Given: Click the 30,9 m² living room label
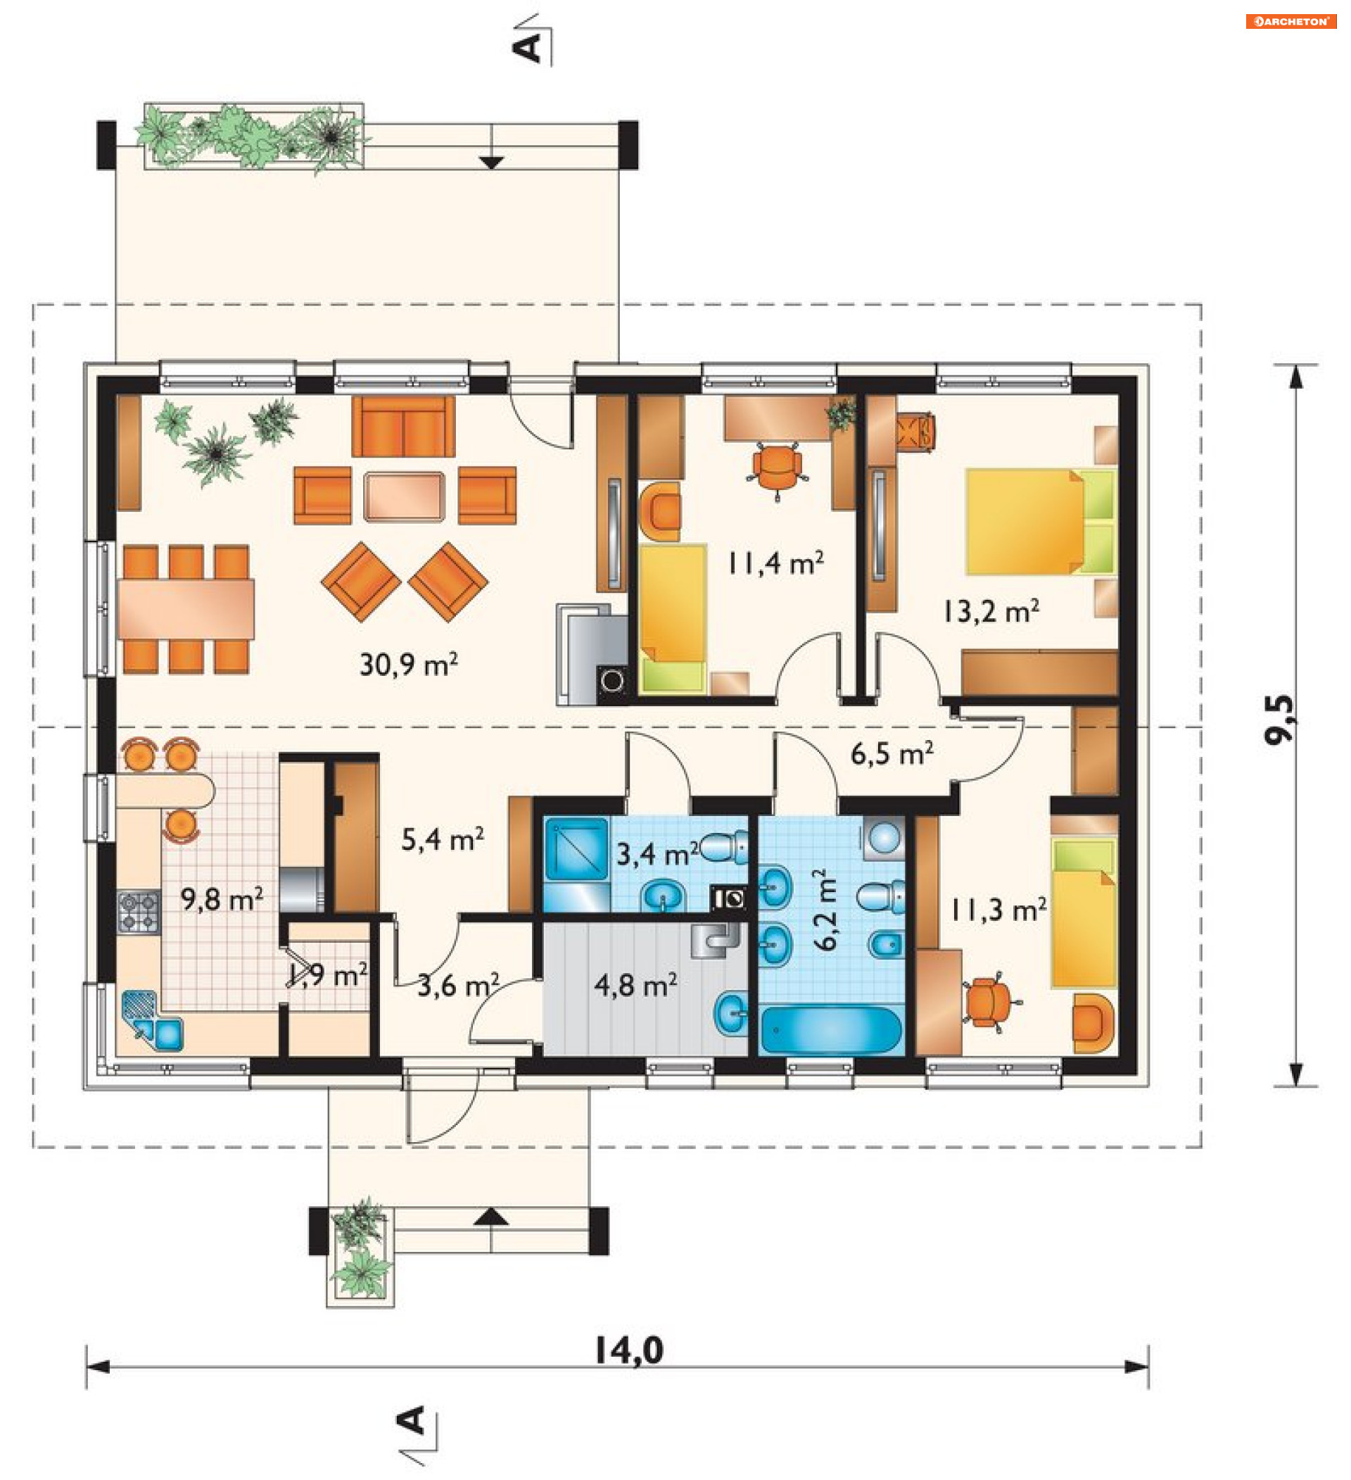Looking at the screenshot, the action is coord(409,665).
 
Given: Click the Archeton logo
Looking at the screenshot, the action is coord(1290,21).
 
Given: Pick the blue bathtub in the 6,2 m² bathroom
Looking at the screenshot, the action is coord(831,1030).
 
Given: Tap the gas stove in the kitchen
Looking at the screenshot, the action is coord(139,912).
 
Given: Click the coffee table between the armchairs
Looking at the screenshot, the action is coord(405,497).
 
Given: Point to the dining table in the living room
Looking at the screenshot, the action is coord(186,609).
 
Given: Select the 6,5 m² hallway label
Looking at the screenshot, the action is coord(892,754).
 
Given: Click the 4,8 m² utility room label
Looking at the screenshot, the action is coord(635,986).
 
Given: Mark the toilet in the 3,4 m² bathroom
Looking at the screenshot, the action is coord(725,848).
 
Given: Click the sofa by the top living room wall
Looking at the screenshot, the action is coord(403,427).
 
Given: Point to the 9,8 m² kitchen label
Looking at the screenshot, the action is coord(222,899).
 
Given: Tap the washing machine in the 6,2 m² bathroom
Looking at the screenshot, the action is coord(884,839).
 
